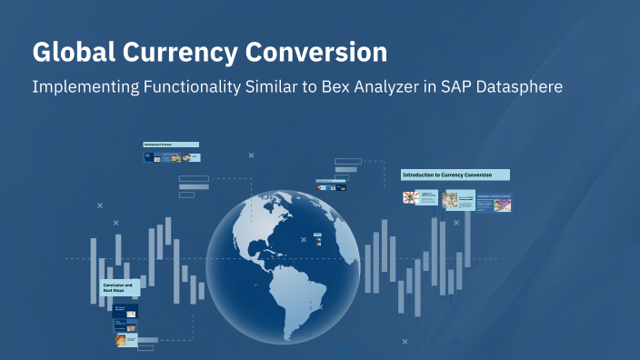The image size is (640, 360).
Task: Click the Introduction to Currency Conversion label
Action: click(x=455, y=175)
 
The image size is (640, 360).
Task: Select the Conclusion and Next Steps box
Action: click(x=120, y=288)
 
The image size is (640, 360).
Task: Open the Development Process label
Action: click(x=170, y=145)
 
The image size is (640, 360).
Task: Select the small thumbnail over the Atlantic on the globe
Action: click(x=316, y=238)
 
